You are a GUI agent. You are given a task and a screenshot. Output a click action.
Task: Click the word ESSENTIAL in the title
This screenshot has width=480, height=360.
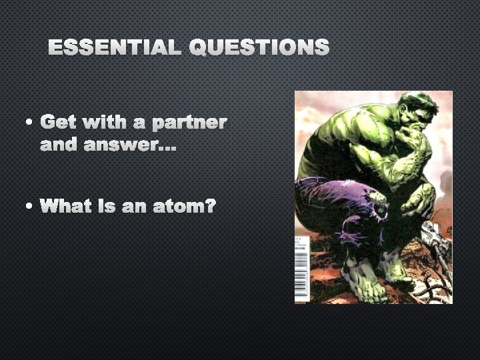click(x=114, y=47)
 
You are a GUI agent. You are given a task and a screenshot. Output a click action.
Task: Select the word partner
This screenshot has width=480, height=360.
click(x=189, y=123)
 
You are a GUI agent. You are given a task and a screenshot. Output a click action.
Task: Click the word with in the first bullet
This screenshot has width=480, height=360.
click(x=113, y=123)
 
